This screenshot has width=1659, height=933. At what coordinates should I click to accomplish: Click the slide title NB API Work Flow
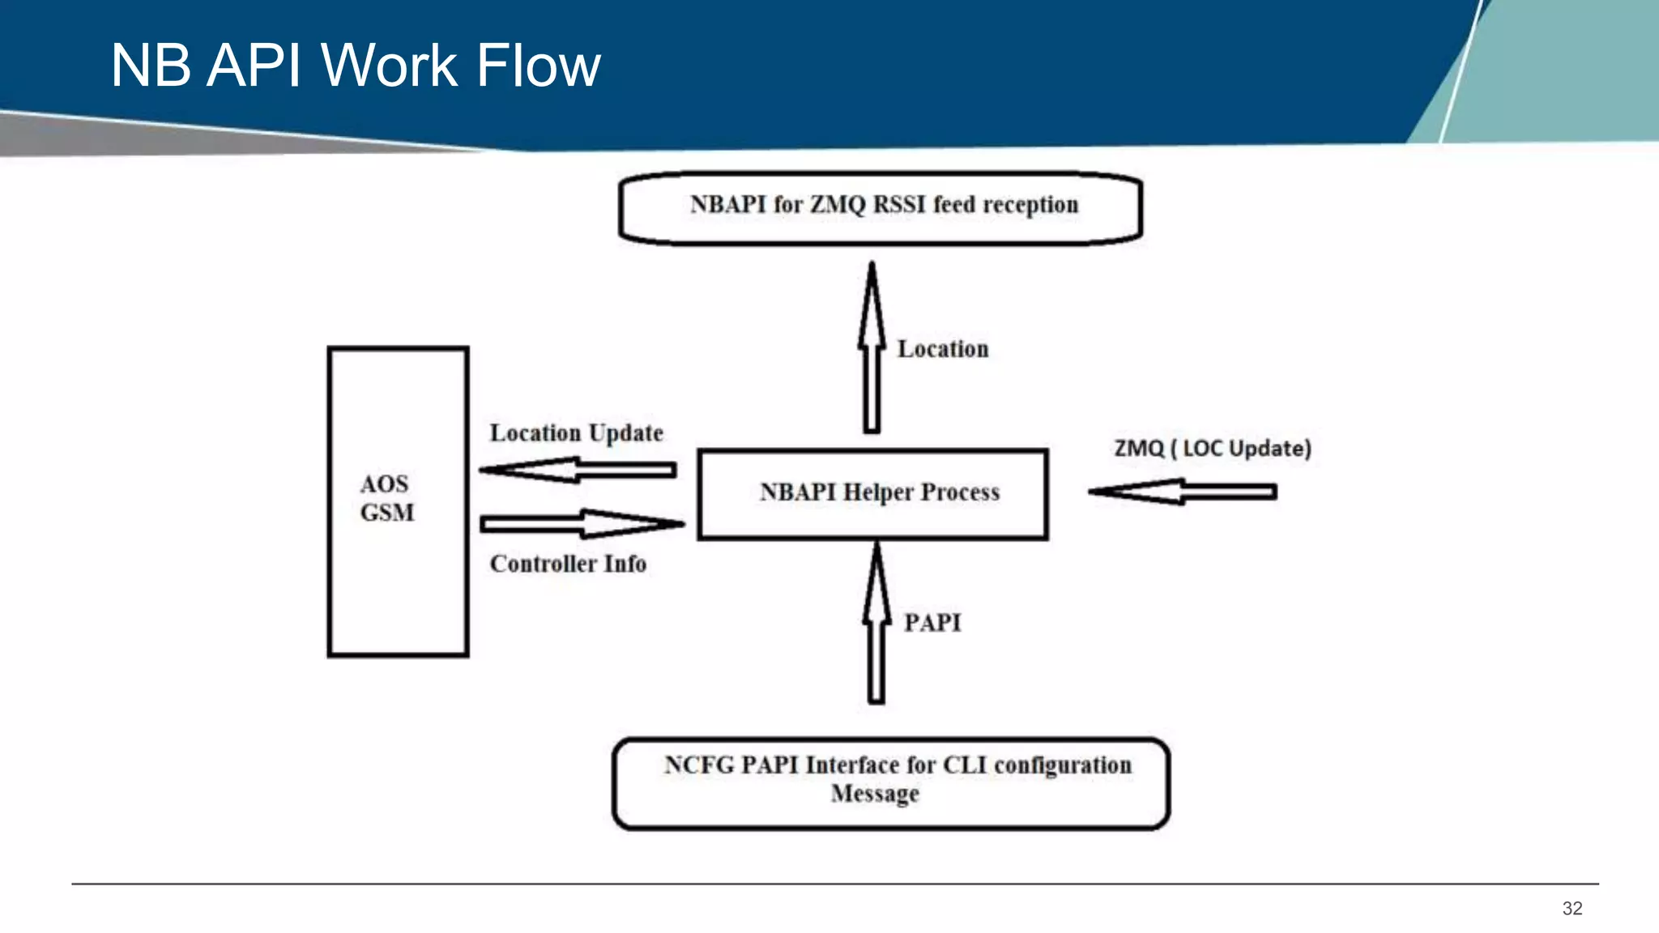tap(355, 65)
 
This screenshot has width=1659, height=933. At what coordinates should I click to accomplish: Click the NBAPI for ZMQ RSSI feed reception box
tap(881, 208)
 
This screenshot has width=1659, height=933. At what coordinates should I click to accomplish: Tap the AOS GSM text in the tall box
tap(386, 498)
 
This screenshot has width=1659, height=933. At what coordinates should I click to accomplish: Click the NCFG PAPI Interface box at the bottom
tap(891, 783)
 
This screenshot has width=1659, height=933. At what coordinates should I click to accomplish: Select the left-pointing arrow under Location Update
tap(577, 470)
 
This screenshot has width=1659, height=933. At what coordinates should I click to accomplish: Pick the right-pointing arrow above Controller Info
tap(582, 524)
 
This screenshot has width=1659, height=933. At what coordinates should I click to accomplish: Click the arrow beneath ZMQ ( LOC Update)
tap(1183, 491)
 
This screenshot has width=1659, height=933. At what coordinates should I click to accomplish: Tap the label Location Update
tap(576, 433)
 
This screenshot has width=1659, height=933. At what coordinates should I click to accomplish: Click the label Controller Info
tap(568, 564)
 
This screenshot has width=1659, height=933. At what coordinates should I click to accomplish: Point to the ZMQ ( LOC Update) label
tap(1212, 448)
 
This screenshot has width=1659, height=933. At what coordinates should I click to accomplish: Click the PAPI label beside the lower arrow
tap(932, 623)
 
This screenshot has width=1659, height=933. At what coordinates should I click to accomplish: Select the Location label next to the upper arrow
tap(943, 349)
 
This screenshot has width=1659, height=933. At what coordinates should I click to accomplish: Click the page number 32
tap(1572, 908)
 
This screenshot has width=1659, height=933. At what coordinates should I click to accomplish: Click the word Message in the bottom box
tap(875, 793)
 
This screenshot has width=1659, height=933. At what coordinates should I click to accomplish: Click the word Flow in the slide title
tap(538, 65)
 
